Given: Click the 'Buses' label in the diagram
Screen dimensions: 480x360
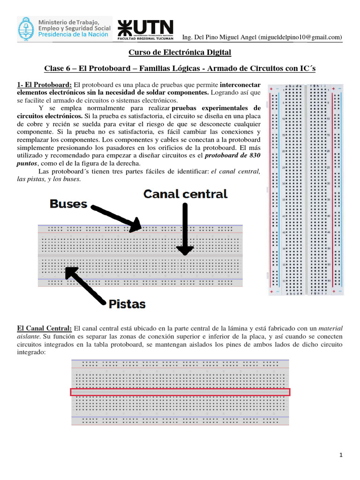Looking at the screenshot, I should click(68, 203).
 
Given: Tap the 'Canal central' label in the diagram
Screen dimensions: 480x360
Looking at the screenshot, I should click(185, 194).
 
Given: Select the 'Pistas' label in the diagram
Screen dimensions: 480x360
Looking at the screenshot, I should click(127, 304).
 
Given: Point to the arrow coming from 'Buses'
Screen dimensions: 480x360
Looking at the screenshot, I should click(116, 217).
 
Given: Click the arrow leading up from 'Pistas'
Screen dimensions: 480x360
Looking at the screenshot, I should click(88, 285).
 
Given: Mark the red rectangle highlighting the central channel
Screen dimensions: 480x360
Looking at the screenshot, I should click(180, 392).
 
